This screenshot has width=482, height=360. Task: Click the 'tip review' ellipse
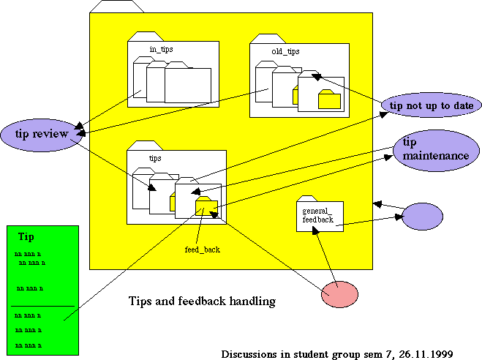[40, 134]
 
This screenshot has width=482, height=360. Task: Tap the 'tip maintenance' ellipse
[432, 151]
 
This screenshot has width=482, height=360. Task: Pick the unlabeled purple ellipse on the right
[423, 217]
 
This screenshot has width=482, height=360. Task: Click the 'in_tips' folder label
[162, 49]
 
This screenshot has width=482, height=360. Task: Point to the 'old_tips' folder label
[285, 51]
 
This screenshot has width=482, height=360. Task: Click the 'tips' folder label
[155, 158]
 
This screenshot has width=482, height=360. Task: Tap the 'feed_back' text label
[202, 250]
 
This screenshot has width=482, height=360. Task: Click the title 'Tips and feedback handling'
[201, 301]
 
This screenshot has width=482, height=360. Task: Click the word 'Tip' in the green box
[26, 237]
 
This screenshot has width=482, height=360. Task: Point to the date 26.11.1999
[426, 353]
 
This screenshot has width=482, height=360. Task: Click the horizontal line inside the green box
[44, 306]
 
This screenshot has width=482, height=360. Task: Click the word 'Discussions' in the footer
[248, 353]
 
